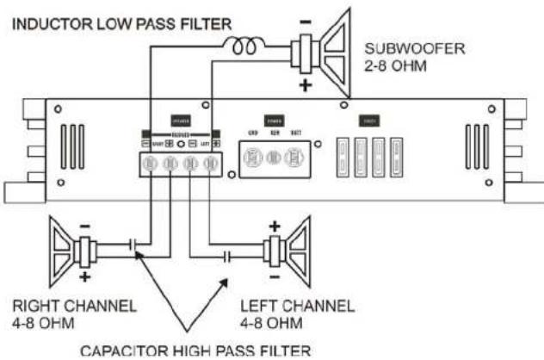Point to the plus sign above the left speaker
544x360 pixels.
275,226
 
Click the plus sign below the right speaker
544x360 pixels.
85,279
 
